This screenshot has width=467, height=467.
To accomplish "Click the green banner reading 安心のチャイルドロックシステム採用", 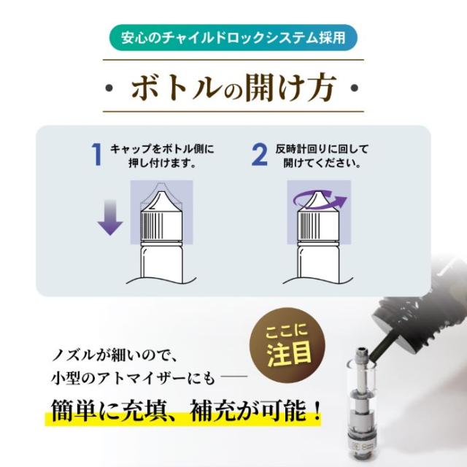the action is [x=233, y=37].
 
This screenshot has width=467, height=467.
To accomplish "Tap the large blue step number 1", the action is [x=97, y=154].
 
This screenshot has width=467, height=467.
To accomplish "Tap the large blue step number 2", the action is [x=260, y=154].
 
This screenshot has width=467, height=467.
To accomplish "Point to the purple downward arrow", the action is [x=110, y=217].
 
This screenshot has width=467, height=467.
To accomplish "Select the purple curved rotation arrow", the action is [x=320, y=199].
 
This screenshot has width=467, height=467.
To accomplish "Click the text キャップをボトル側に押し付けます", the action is [x=162, y=155].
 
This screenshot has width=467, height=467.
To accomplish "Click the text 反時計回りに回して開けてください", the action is [x=322, y=155].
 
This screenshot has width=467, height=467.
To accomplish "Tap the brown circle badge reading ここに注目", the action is [x=287, y=345].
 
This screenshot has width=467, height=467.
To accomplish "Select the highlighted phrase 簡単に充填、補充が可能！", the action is [x=186, y=411].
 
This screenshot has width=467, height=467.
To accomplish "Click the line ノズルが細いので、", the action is [x=115, y=355].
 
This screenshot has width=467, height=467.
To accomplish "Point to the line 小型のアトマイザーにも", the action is [x=133, y=379].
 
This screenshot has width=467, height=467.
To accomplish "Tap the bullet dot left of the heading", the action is [x=109, y=88].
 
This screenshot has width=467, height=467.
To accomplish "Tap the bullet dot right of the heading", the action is [x=355, y=88].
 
